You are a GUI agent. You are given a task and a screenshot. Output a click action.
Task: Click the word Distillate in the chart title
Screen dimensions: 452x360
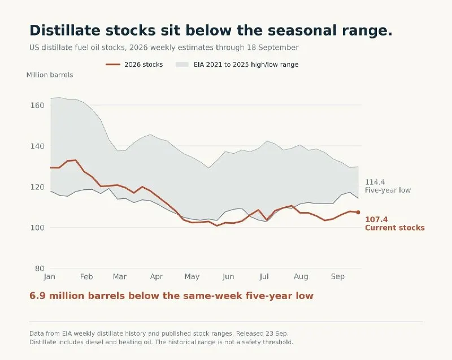tap(65, 31)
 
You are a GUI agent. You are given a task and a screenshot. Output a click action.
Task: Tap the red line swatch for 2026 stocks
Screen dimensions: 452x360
tap(112, 64)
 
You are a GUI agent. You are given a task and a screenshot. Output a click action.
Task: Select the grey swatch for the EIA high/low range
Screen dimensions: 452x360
tap(182, 64)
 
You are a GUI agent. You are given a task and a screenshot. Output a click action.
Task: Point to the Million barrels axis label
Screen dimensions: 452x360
tap(50, 75)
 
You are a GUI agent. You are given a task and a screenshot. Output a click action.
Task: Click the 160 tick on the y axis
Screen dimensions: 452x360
tap(37, 106)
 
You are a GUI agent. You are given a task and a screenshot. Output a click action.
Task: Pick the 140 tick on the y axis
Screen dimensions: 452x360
tap(37, 146)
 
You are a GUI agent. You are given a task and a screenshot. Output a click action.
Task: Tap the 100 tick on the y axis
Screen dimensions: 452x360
tap(37, 228)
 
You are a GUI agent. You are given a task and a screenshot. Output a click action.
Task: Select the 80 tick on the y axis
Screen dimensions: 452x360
tap(40, 268)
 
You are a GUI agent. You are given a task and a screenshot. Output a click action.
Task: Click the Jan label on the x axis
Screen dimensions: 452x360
tap(50, 277)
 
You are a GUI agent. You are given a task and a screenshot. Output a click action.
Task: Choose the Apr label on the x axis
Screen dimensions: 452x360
tap(157, 277)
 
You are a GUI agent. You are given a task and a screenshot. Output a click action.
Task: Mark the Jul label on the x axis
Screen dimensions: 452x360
tap(264, 277)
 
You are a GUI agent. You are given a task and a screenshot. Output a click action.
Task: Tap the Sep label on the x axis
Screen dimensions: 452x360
tap(337, 277)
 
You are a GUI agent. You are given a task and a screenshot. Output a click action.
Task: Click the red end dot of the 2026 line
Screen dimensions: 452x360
tap(358, 212)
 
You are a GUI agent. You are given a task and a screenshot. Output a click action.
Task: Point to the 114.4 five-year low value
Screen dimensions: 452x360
tap(375, 182)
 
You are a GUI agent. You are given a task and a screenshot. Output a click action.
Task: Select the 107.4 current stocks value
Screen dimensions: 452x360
tap(376, 220)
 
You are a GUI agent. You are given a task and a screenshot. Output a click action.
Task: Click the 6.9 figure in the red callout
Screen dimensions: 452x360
tap(37, 296)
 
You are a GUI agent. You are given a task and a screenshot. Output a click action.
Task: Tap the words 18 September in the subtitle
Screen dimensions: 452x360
tap(273, 47)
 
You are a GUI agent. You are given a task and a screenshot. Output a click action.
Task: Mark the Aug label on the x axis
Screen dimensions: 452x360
tap(301, 277)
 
